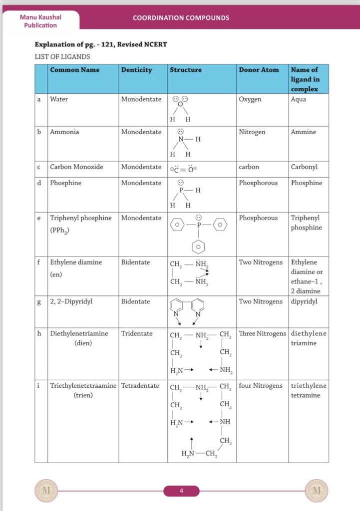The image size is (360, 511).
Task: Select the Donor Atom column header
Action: click(x=259, y=70)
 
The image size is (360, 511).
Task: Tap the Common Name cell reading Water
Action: click(x=59, y=99)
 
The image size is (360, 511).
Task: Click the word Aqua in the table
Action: click(x=299, y=99)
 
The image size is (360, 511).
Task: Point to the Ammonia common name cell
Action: click(x=64, y=132)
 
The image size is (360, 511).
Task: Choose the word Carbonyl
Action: click(x=304, y=167)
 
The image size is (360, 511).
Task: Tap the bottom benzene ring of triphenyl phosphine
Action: click(x=199, y=246)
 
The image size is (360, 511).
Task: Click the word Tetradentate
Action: click(x=140, y=386)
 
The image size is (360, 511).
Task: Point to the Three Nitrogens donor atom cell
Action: click(x=262, y=333)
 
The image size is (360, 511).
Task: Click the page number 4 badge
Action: click(x=181, y=491)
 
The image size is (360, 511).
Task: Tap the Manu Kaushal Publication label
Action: click(x=38, y=21)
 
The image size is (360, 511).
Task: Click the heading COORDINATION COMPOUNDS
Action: click(x=181, y=18)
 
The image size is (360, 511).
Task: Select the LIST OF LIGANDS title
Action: click(x=62, y=57)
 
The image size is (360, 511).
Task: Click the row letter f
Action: click(x=39, y=262)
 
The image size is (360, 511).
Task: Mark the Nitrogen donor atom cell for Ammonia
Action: click(x=252, y=132)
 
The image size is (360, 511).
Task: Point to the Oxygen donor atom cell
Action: click(x=250, y=99)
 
